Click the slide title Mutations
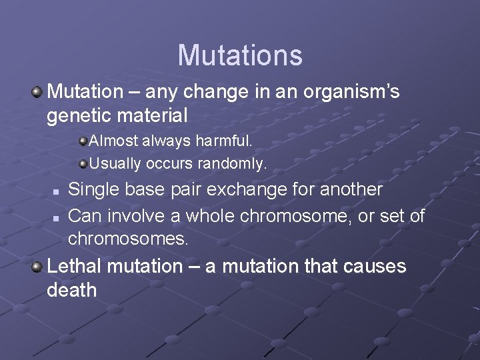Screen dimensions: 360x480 click(240, 55)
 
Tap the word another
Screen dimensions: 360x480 click(351, 190)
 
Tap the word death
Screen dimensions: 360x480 click(72, 291)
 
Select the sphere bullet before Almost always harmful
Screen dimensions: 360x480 click(83, 141)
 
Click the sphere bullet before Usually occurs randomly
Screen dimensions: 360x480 click(83, 163)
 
